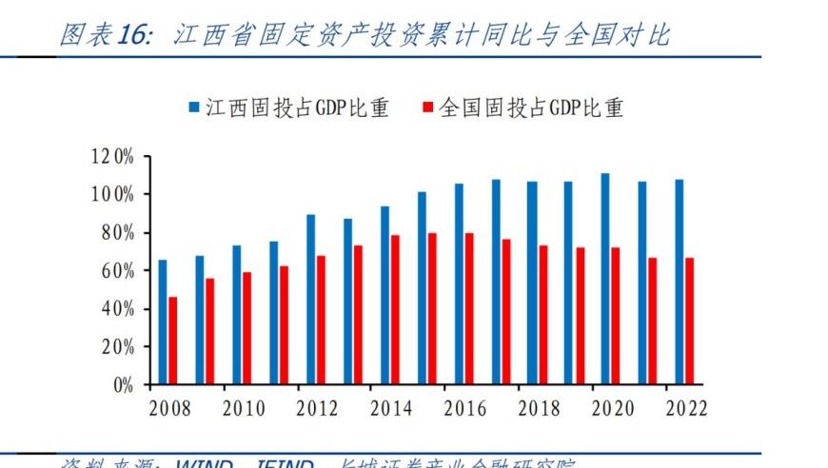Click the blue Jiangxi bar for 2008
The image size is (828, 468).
click(x=163, y=322)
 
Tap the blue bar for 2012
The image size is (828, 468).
click(x=310, y=300)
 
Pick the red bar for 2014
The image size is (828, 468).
click(x=395, y=310)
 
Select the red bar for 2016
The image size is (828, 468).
click(x=468, y=309)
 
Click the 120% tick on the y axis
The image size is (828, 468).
click(x=113, y=157)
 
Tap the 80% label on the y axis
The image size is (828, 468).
click(x=118, y=233)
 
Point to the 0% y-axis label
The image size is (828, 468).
click(x=123, y=385)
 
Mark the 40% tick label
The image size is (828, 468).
click(x=118, y=309)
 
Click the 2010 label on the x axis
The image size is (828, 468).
click(x=245, y=409)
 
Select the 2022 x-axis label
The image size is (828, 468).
click(x=686, y=409)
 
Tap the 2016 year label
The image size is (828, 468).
click(x=465, y=409)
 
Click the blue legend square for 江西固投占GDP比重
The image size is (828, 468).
click(x=194, y=108)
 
